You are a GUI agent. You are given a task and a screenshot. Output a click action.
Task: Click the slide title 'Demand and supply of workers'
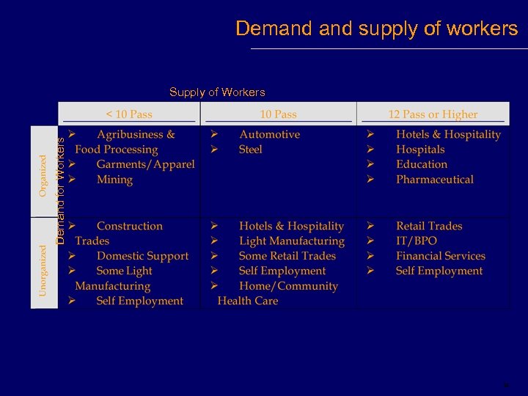tap(376, 29)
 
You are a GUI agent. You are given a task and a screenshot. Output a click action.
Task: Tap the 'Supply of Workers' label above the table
tap(217, 92)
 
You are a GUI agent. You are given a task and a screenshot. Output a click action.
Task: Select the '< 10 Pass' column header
tap(129, 114)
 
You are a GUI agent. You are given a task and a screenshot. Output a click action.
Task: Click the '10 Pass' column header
tap(279, 114)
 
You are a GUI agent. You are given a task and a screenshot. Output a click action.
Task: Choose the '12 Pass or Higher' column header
tap(433, 114)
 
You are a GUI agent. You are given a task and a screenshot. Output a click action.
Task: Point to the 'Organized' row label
tap(43, 173)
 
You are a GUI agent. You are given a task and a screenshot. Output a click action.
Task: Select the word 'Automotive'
tap(269, 135)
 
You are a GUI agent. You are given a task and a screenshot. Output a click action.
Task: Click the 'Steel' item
tap(250, 150)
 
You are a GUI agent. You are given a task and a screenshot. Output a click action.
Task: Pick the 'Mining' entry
tap(114, 180)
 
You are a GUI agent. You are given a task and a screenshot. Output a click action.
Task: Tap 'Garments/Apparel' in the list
tap(145, 165)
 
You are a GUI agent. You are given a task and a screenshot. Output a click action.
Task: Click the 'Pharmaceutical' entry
tap(435, 180)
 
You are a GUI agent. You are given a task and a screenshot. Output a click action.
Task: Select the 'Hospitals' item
tap(420, 150)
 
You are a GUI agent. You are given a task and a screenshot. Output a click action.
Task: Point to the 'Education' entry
tap(422, 165)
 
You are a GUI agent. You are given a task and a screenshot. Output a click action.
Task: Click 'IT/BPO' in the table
tap(416, 241)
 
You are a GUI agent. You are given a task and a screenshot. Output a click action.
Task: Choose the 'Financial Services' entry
tap(441, 256)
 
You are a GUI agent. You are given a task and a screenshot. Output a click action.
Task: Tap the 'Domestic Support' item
tap(142, 256)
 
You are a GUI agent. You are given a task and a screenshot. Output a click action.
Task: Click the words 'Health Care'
tap(248, 301)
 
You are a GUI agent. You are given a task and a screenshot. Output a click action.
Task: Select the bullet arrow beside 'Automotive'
tap(214, 135)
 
